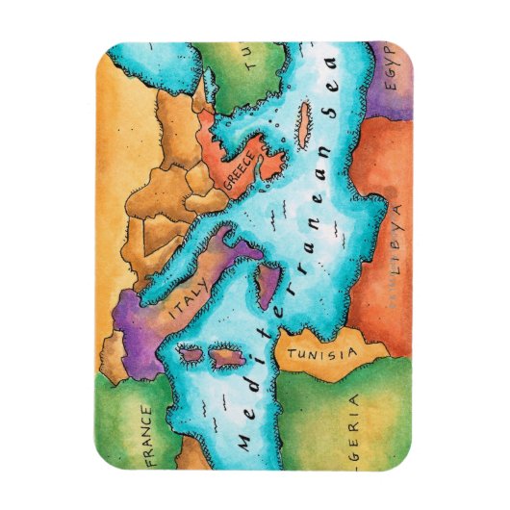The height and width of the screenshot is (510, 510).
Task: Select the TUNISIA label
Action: click(x=320, y=354)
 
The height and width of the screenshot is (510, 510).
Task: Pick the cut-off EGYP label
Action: click(x=395, y=69)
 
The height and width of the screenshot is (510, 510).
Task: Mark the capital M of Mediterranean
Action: click(x=247, y=439)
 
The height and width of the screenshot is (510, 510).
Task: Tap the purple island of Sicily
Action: click(x=267, y=289)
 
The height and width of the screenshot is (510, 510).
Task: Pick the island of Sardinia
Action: click(x=223, y=358)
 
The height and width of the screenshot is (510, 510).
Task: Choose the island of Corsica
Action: click(x=191, y=355)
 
